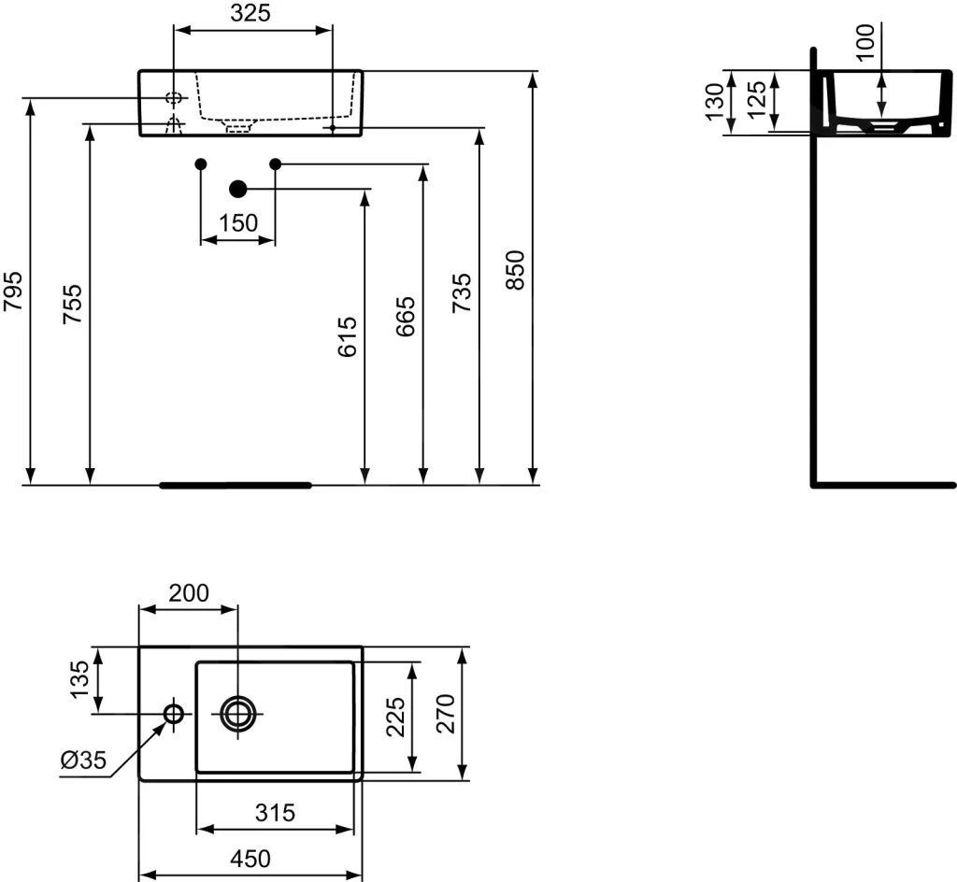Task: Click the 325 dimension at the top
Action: click(x=250, y=13)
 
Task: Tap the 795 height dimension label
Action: click(x=13, y=291)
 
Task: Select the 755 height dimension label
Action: click(x=72, y=304)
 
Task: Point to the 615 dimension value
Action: click(x=347, y=336)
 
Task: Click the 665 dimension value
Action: click(x=406, y=316)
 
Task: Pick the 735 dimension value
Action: click(x=462, y=292)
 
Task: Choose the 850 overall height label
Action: click(x=515, y=270)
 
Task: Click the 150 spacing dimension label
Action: click(x=238, y=223)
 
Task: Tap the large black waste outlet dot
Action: click(x=238, y=189)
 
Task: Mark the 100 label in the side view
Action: click(x=865, y=41)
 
